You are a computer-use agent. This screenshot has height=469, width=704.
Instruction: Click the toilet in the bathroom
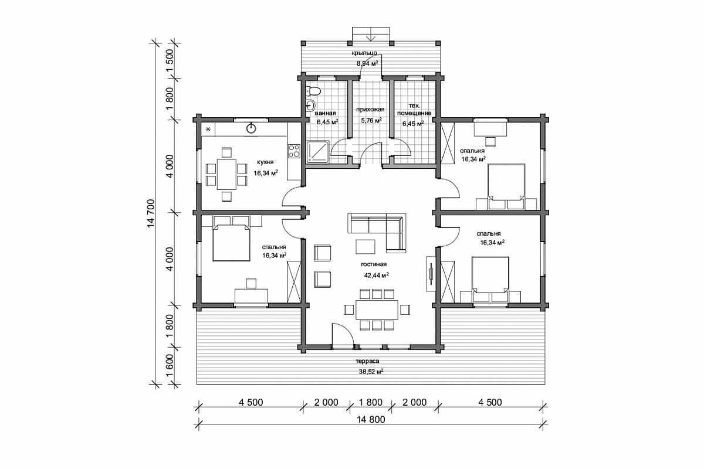(313, 91)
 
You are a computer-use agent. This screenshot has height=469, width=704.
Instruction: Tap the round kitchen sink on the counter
(251, 128)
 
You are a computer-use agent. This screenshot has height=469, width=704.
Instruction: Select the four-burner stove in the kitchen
(294, 151)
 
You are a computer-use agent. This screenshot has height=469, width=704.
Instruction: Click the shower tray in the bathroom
(318, 152)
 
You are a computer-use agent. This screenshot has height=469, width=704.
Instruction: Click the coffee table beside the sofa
(365, 247)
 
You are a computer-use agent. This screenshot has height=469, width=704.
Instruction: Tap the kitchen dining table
(226, 174)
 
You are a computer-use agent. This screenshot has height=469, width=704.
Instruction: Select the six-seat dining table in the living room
(377, 310)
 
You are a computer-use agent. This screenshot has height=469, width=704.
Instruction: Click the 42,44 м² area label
(377, 276)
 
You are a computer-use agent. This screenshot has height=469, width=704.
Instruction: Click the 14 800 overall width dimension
(371, 420)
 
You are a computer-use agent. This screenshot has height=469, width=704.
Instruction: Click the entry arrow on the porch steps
(371, 34)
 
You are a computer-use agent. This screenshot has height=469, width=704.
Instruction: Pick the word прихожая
(371, 110)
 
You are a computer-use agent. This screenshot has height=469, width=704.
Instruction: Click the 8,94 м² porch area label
(367, 63)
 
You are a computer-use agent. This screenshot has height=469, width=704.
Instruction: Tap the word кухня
(265, 162)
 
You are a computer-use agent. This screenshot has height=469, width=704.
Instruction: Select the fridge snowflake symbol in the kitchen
(208, 129)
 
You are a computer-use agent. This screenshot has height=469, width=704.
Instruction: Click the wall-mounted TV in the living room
(431, 273)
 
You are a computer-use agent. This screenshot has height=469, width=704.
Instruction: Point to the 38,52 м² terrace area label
(371, 372)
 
